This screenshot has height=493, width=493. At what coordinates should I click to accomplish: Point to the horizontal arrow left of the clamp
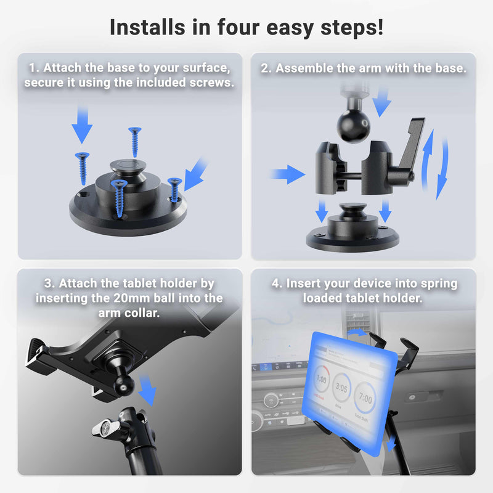[287, 174]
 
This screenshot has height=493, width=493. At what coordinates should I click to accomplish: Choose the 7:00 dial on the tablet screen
[366, 398]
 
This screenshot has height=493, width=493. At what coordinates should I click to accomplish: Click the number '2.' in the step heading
[266, 68]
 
